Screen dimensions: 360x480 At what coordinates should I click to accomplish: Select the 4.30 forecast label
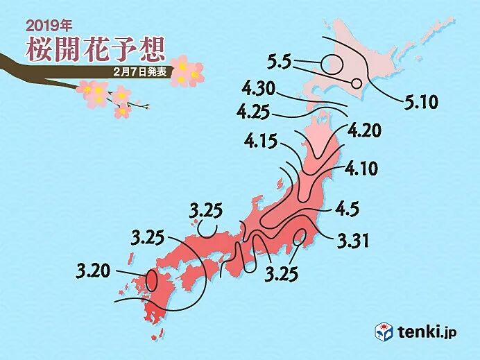pos(260,89)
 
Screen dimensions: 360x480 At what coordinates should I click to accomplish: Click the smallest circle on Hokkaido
pos(357,83)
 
